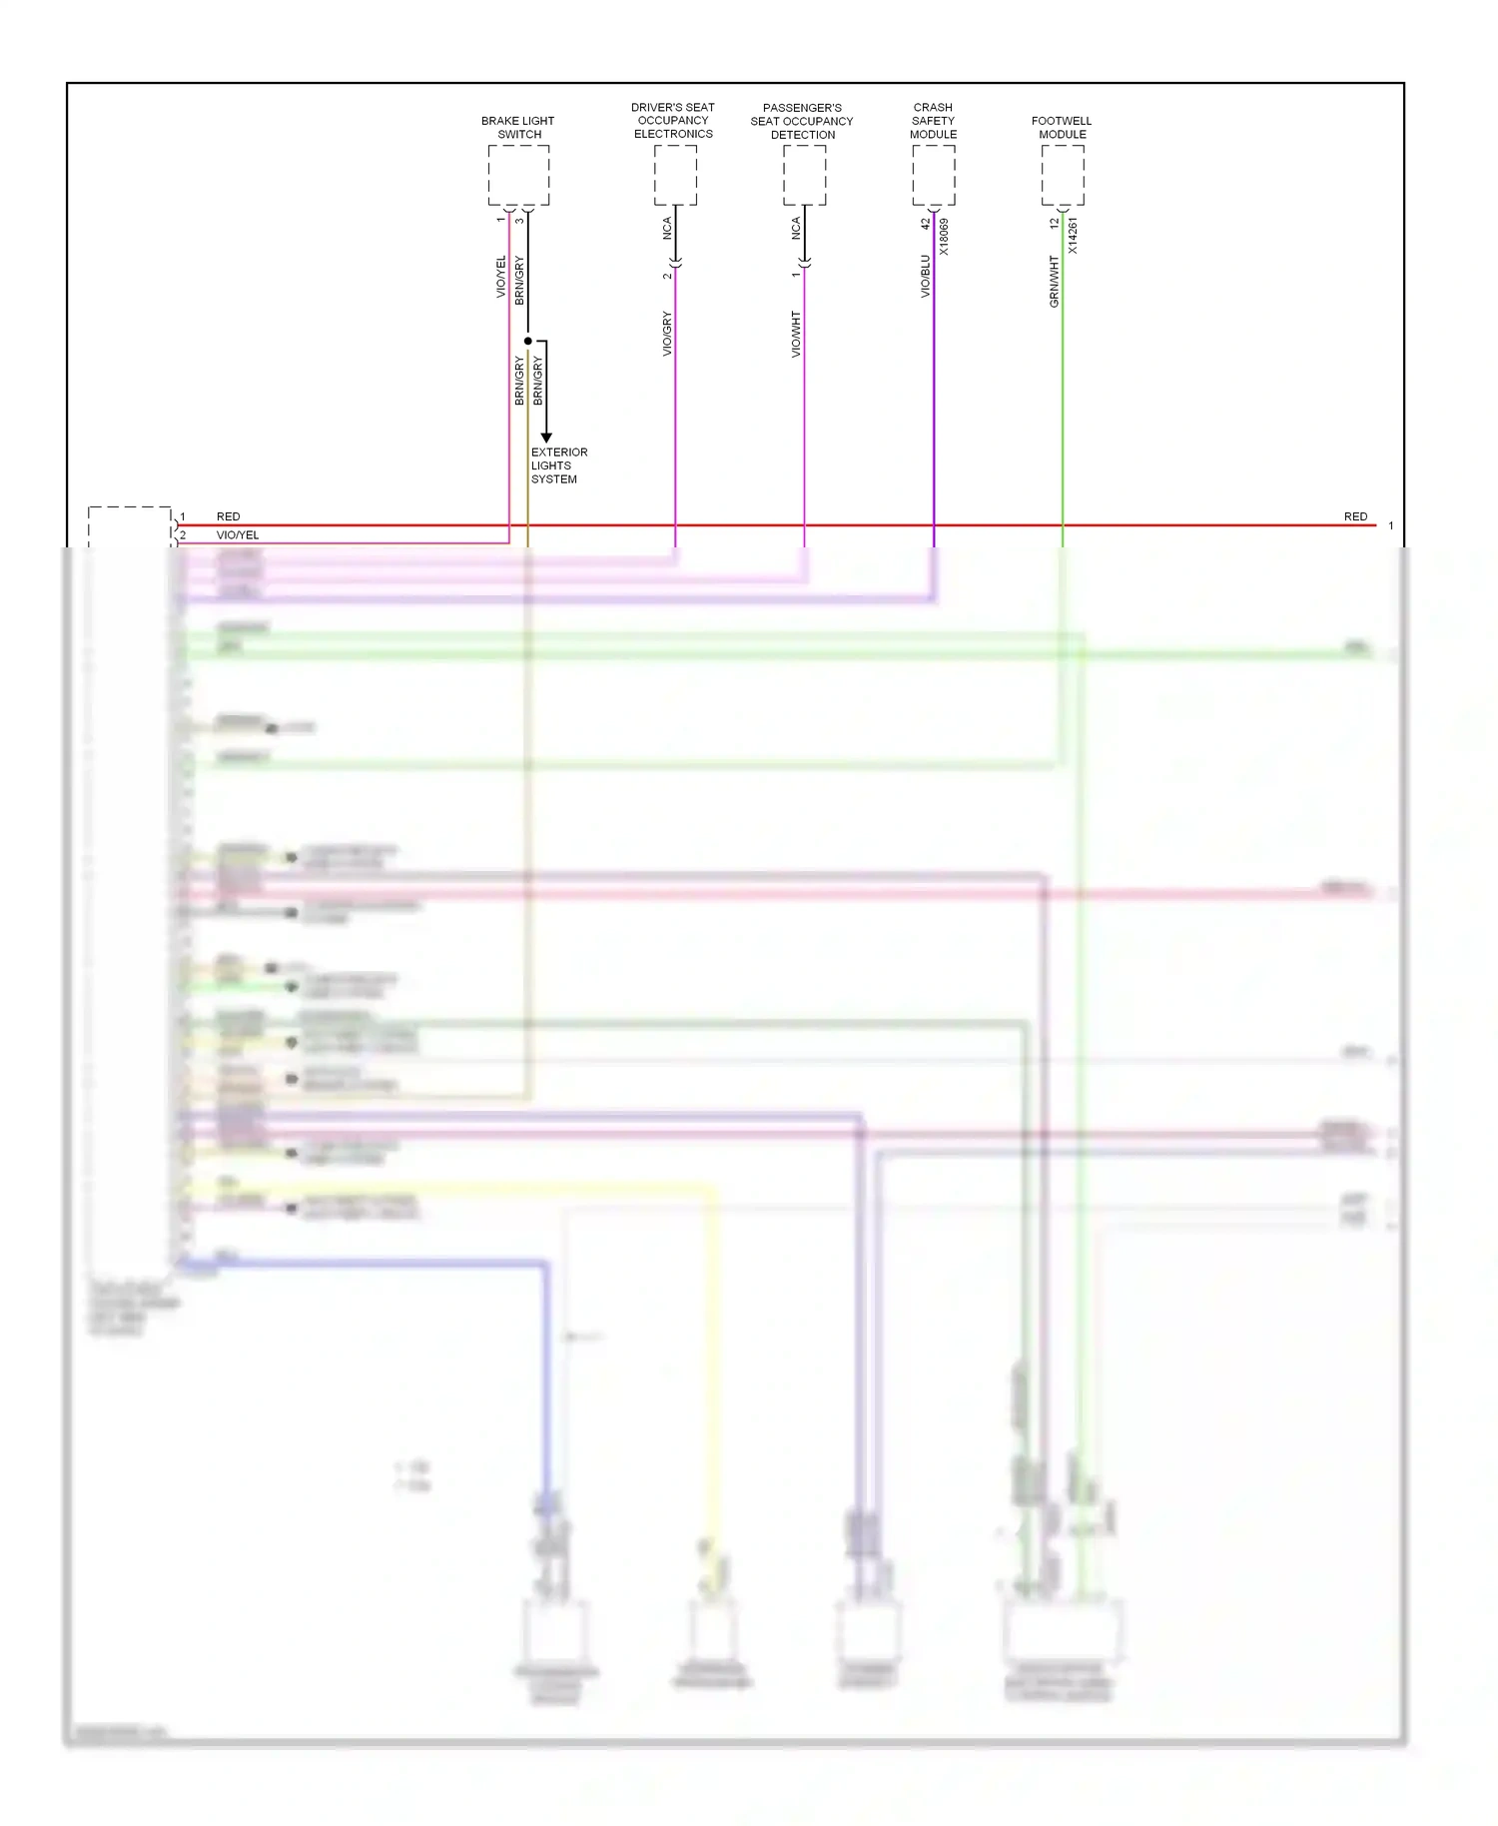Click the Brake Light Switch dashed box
click(x=518, y=175)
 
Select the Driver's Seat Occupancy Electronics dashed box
click(x=675, y=175)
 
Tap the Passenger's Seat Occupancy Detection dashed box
click(x=804, y=175)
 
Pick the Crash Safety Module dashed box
click(x=933, y=175)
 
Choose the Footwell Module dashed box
click(x=1063, y=175)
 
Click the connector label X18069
click(x=944, y=237)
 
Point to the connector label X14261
click(x=1073, y=236)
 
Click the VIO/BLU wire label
click(x=925, y=276)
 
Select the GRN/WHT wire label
click(x=1054, y=281)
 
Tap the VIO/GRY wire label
click(x=666, y=334)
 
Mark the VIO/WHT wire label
click(x=796, y=334)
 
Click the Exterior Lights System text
click(x=558, y=465)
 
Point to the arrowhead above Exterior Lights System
click(x=546, y=438)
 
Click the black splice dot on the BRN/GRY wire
click(x=528, y=341)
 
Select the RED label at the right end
click(x=1355, y=516)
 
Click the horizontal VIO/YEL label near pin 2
click(x=238, y=535)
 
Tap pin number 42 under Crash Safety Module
click(x=925, y=224)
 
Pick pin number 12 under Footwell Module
click(x=1054, y=224)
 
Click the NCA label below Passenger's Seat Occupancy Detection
click(x=796, y=228)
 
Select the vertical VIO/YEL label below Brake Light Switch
click(x=501, y=277)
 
